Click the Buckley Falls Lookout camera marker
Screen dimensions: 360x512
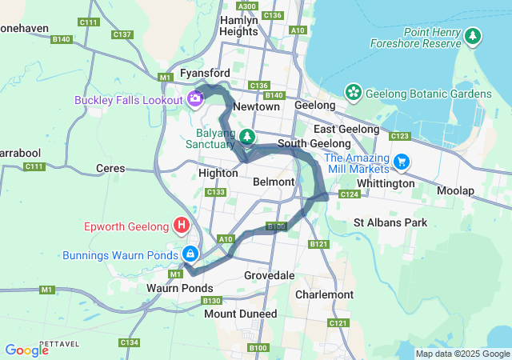tap(194, 98)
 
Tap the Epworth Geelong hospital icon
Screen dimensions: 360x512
tap(182, 225)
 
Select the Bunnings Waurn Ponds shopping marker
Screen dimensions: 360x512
tap(190, 254)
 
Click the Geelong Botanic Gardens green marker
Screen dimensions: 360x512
tap(353, 93)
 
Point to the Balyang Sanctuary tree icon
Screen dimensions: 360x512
tap(248, 137)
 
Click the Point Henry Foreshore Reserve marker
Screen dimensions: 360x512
tap(474, 35)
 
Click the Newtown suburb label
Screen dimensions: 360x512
tap(258, 106)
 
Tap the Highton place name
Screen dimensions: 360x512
tap(216, 172)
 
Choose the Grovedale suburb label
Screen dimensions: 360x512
tap(270, 275)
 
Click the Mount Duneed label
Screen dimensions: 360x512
tap(240, 314)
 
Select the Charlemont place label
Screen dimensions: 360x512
tap(324, 294)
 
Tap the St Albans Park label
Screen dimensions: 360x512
tap(390, 222)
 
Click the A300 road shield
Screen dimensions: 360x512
tap(248, 6)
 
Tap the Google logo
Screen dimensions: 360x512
tap(26, 350)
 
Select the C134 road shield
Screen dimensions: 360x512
tap(129, 342)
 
